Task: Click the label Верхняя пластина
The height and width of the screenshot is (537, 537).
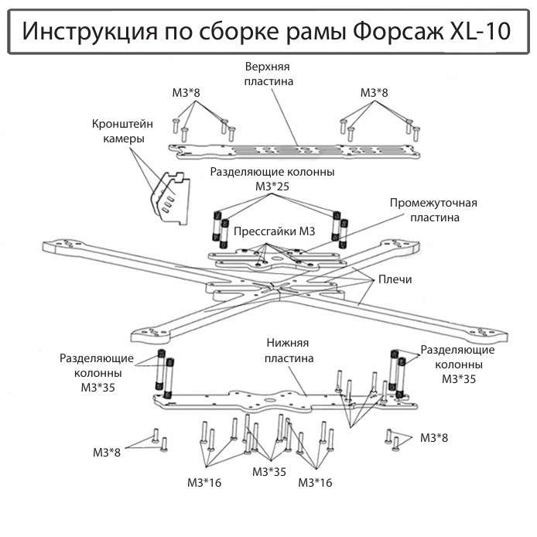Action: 268,74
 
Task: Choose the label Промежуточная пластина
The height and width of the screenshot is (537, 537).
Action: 434,210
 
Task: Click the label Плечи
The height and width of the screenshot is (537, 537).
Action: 395,279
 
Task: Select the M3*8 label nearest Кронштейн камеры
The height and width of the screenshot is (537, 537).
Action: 186,93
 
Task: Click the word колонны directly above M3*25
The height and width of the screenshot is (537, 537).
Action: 303,172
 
